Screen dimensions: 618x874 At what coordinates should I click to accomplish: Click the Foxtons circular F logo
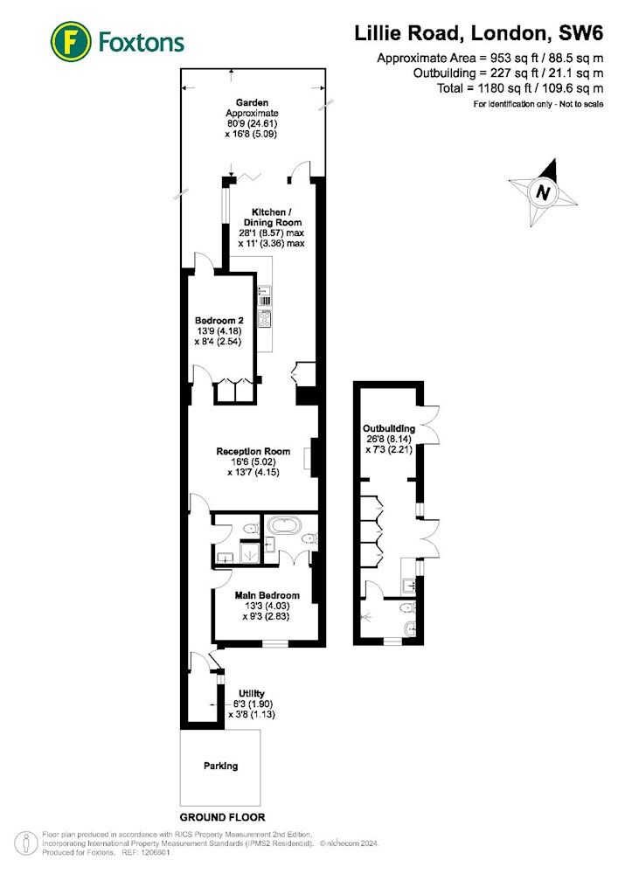pos(71,41)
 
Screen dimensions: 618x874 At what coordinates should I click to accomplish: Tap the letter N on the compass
pos(542,192)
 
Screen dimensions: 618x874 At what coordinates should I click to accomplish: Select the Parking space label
pos(220,766)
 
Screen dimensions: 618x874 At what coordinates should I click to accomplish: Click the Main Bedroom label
pos(267,595)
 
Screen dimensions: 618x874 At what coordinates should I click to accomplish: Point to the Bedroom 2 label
pos(219,321)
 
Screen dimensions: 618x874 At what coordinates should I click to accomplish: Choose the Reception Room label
pos(253,452)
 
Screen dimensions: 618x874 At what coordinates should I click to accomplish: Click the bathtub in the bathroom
pos(284,525)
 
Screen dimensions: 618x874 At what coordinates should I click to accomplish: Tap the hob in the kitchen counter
pos(264,319)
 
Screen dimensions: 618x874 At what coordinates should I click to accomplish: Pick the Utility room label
pos(252,694)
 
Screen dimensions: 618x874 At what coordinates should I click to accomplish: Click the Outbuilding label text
pos(389,428)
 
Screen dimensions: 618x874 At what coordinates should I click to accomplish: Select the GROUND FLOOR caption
pos(222,817)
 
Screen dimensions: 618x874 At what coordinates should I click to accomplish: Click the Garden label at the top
pos(252,102)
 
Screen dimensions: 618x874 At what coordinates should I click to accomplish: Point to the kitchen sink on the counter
pos(264,290)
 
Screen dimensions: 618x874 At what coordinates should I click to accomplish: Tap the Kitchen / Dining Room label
pos(272,218)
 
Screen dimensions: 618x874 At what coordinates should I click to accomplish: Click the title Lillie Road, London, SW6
pos(479,33)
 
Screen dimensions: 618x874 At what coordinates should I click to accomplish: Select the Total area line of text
pos(520,88)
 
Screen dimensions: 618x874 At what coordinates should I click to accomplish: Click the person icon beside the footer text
pos(25,844)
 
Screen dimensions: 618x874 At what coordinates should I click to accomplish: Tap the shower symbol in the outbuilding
pos(368,617)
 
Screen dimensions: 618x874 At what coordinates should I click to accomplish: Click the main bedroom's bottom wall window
pos(275,644)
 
